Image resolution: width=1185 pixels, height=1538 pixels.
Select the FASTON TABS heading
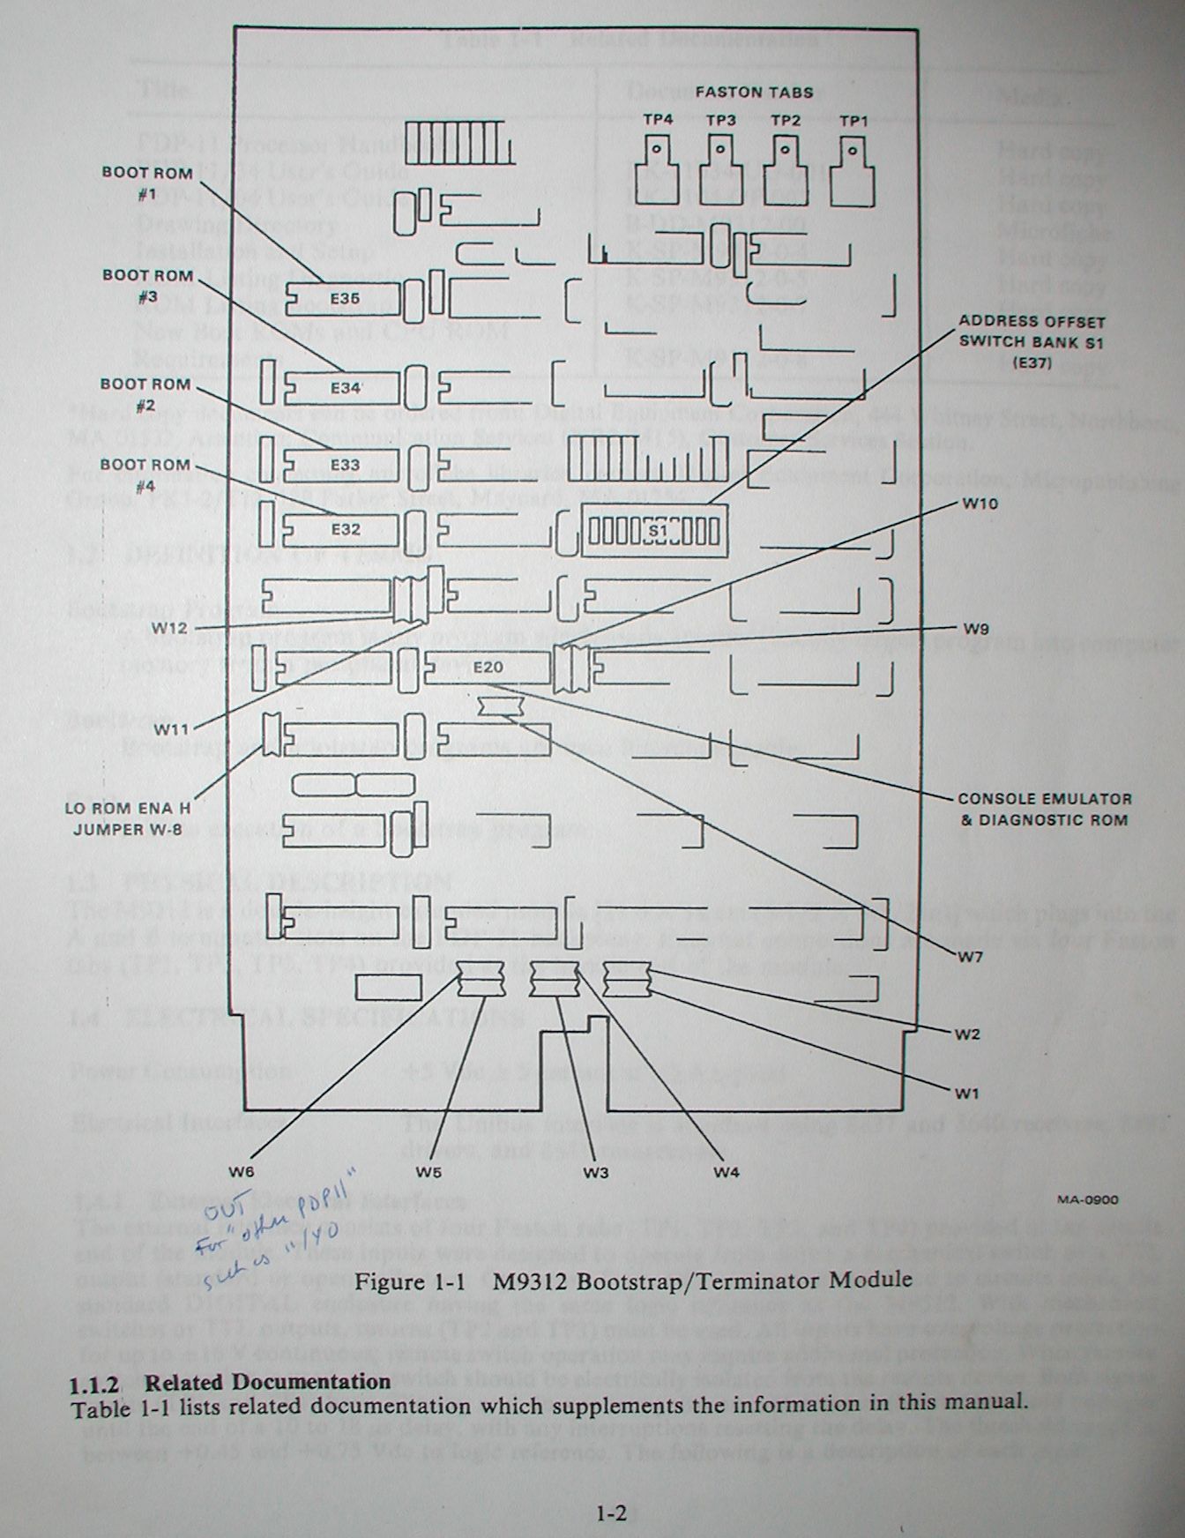coord(753,92)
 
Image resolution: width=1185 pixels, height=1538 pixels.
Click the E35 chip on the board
coord(345,299)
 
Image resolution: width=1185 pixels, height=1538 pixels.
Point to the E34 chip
coord(345,387)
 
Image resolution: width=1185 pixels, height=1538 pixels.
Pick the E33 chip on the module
coord(345,464)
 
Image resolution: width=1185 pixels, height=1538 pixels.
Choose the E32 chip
coord(345,530)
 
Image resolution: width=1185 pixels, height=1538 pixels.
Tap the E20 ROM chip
coord(488,668)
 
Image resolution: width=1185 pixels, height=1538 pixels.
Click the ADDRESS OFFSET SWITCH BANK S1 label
coord(1032,341)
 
